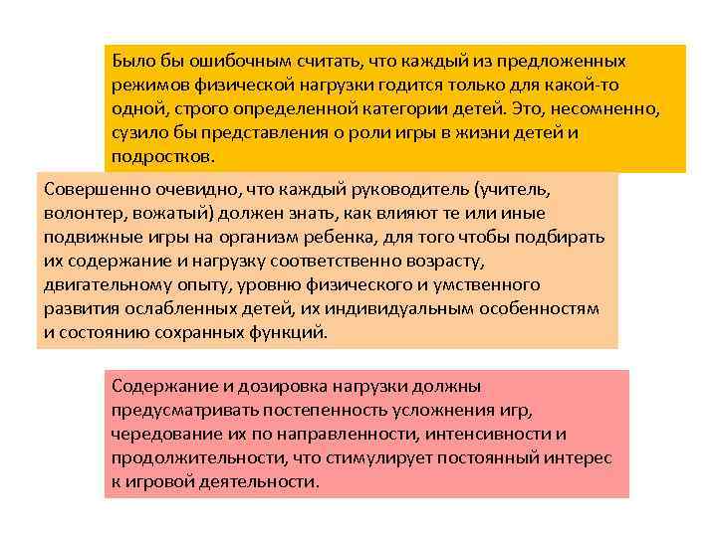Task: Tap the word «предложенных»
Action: click(x=562, y=62)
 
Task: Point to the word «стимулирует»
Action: click(x=376, y=457)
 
